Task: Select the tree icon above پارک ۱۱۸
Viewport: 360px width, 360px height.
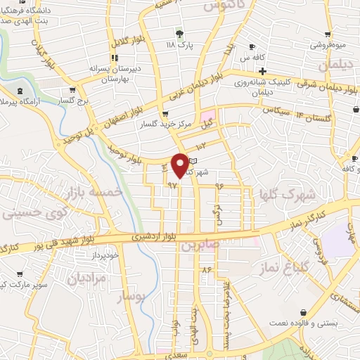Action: (180, 33)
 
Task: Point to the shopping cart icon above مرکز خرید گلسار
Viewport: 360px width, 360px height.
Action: (165, 114)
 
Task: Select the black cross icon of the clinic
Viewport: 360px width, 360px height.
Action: (262, 71)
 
